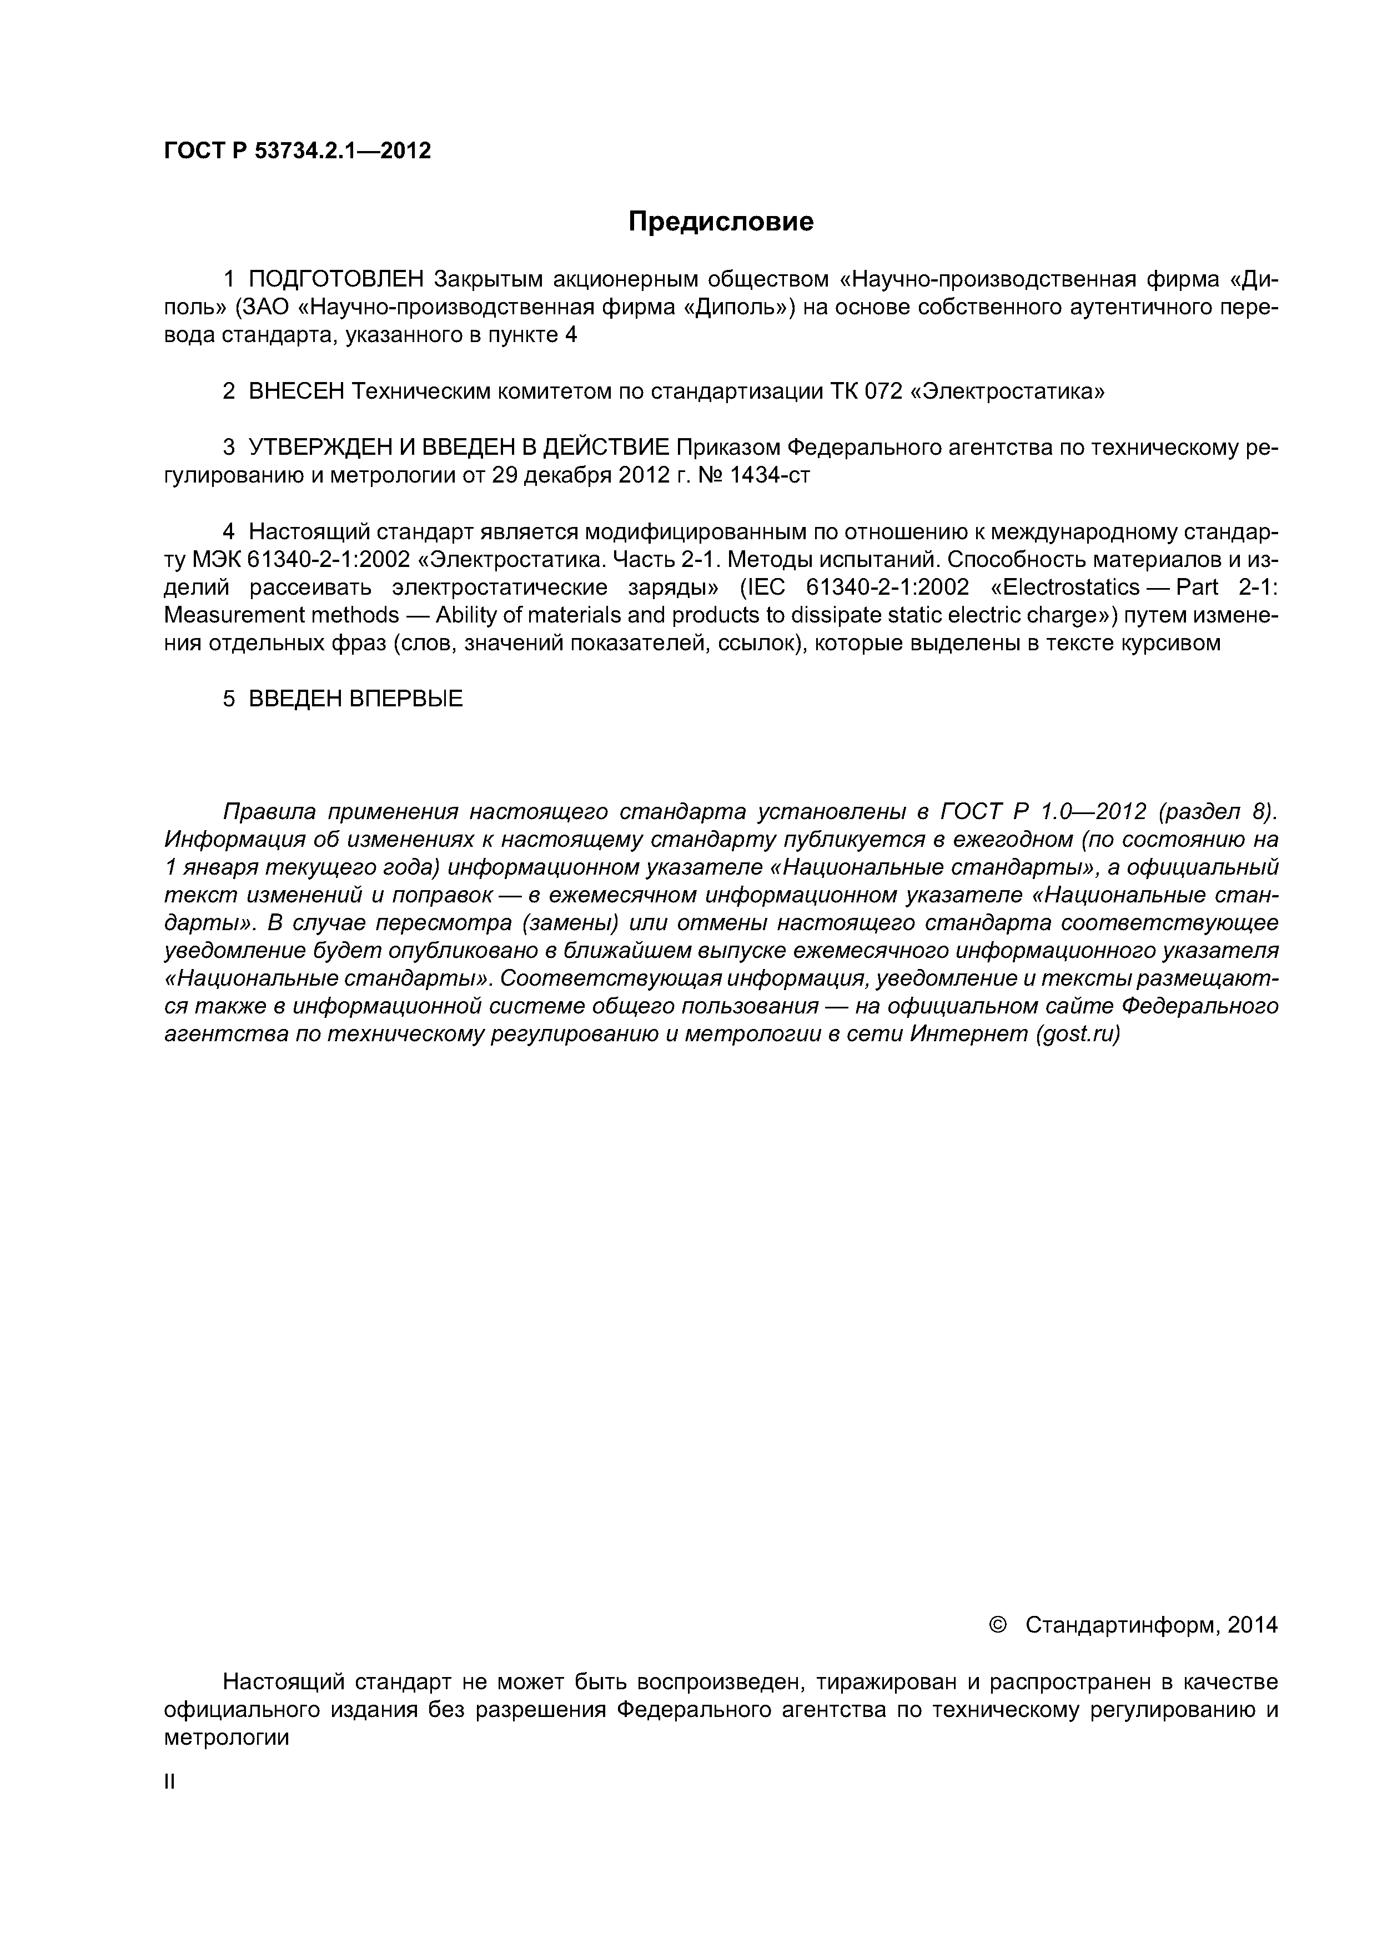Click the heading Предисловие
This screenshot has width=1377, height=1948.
(x=720, y=222)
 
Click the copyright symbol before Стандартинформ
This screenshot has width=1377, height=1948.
(x=998, y=1624)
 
